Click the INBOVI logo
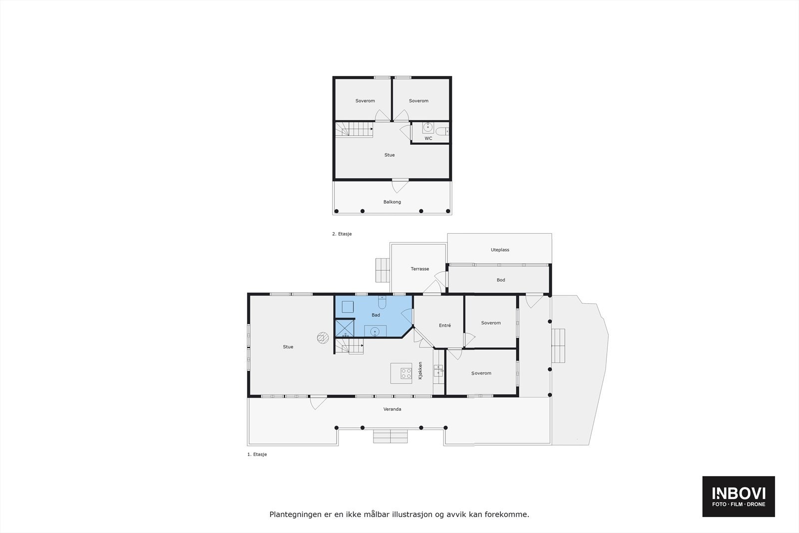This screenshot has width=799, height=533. (739, 496)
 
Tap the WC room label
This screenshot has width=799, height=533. (428, 138)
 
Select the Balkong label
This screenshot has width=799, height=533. (392, 202)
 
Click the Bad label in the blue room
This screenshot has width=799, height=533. (376, 315)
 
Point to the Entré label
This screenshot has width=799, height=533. (444, 325)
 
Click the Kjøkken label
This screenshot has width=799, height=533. (420, 371)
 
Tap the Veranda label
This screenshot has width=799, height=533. (392, 409)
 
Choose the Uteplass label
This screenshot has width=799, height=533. (500, 250)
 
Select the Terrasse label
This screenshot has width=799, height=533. (419, 269)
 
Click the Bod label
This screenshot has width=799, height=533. (501, 280)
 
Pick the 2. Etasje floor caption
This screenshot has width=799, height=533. (342, 234)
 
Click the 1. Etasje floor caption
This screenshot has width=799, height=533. (257, 455)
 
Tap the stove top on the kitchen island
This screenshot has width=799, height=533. (405, 372)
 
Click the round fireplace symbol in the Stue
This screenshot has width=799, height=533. (323, 338)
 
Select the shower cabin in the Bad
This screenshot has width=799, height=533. (344, 328)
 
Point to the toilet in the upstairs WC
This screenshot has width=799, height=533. (442, 131)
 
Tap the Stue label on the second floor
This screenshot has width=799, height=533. (390, 155)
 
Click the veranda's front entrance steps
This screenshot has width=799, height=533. (391, 436)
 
